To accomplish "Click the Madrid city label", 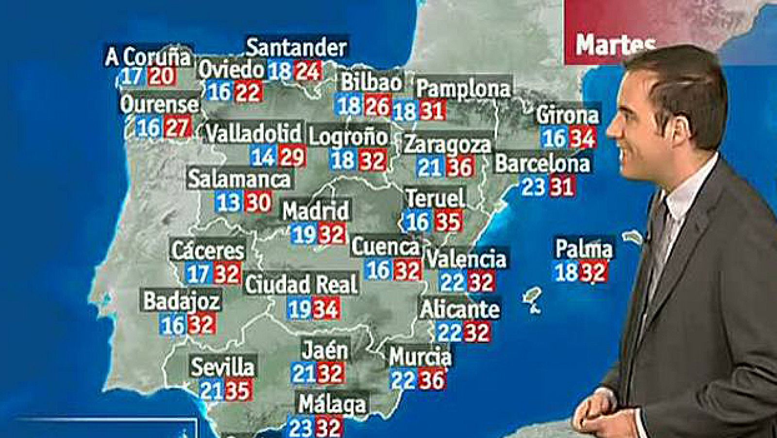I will point(316,211).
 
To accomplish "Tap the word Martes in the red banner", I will point(615,45).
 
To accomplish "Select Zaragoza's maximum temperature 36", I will point(459,167).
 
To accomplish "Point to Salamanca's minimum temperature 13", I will point(228,202).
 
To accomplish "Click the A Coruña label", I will point(148,56).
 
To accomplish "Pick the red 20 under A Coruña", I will point(161,76).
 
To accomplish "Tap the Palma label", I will point(584,248).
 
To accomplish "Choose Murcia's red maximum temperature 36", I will point(432,379).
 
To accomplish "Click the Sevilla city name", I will point(222,367).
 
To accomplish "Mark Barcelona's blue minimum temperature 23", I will point(533,187).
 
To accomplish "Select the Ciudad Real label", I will point(301,284).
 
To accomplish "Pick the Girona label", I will point(567,115).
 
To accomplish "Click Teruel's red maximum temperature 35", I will point(447,222).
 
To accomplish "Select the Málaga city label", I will point(332,404).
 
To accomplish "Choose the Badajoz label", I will point(182,301).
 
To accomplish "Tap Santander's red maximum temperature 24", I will point(307,71).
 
